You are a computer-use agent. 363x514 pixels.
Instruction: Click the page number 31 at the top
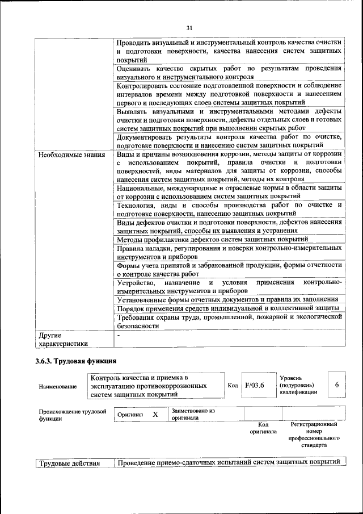(x=189, y=28)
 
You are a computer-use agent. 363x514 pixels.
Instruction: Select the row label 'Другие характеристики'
(x=63, y=339)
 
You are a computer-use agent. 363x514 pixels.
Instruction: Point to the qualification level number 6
(x=337, y=385)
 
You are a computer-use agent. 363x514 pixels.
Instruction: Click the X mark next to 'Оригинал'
(x=155, y=415)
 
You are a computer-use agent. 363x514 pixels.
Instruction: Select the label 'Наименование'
(x=58, y=386)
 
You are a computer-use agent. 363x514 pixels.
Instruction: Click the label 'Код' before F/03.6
(x=233, y=385)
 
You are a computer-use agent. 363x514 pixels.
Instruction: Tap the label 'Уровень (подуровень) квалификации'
(x=298, y=385)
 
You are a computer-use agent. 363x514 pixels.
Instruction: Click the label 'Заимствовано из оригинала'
(x=193, y=414)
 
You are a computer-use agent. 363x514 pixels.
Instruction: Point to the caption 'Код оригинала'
(x=263, y=428)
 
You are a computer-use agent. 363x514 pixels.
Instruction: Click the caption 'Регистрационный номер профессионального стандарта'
(x=314, y=435)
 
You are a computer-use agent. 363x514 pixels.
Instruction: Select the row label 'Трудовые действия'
(x=70, y=463)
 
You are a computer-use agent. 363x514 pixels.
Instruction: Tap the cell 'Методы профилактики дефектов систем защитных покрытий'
(x=212, y=239)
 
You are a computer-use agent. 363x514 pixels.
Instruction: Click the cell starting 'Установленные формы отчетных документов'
(x=227, y=299)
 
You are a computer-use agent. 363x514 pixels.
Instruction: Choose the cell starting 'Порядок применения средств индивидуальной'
(x=227, y=307)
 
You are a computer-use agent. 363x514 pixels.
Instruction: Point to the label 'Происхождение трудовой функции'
(x=73, y=415)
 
